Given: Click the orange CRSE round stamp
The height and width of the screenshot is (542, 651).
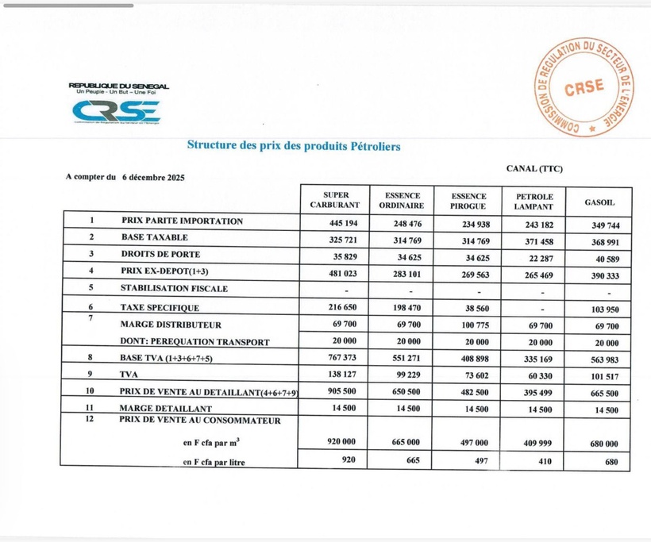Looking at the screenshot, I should coord(584,87).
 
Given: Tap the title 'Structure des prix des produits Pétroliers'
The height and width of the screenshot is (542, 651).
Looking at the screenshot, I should coord(293,146).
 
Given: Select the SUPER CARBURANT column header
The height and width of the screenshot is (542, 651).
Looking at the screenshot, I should coord(335,199).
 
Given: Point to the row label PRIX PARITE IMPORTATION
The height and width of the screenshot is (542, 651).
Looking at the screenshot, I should coord(182,221).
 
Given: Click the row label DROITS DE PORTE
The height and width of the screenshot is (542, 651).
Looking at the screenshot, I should coord(160,255).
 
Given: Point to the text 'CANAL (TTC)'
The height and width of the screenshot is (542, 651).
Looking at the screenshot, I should coord(534,168).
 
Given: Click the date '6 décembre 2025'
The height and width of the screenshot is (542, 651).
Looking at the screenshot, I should coord(153,178).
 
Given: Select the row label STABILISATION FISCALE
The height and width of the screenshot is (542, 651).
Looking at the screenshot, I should coord(174,288).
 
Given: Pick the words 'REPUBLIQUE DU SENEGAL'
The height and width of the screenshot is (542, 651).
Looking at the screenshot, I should coord(118,86).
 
